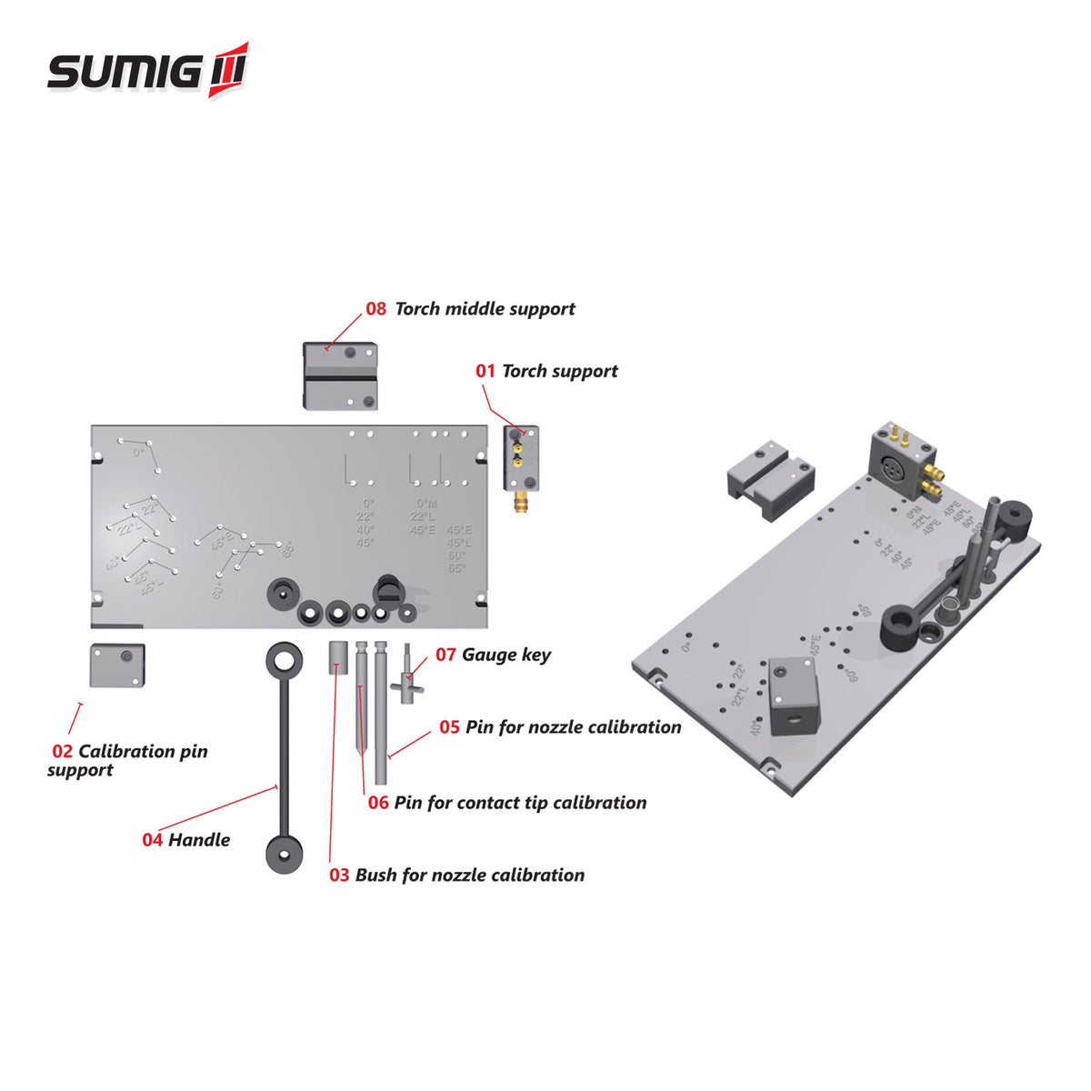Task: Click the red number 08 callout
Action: point(376,309)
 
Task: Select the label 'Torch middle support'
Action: point(485,309)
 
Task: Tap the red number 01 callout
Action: point(485,371)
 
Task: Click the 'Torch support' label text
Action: point(559,371)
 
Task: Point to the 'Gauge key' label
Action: point(505,655)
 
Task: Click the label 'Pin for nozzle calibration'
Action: point(573,727)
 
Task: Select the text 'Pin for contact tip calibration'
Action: point(520,803)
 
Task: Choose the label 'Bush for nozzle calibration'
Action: point(469,876)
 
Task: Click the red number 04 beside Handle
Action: point(152,840)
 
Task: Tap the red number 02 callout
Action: point(62,752)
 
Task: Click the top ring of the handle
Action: point(285,660)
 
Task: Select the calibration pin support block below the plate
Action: point(117,666)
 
